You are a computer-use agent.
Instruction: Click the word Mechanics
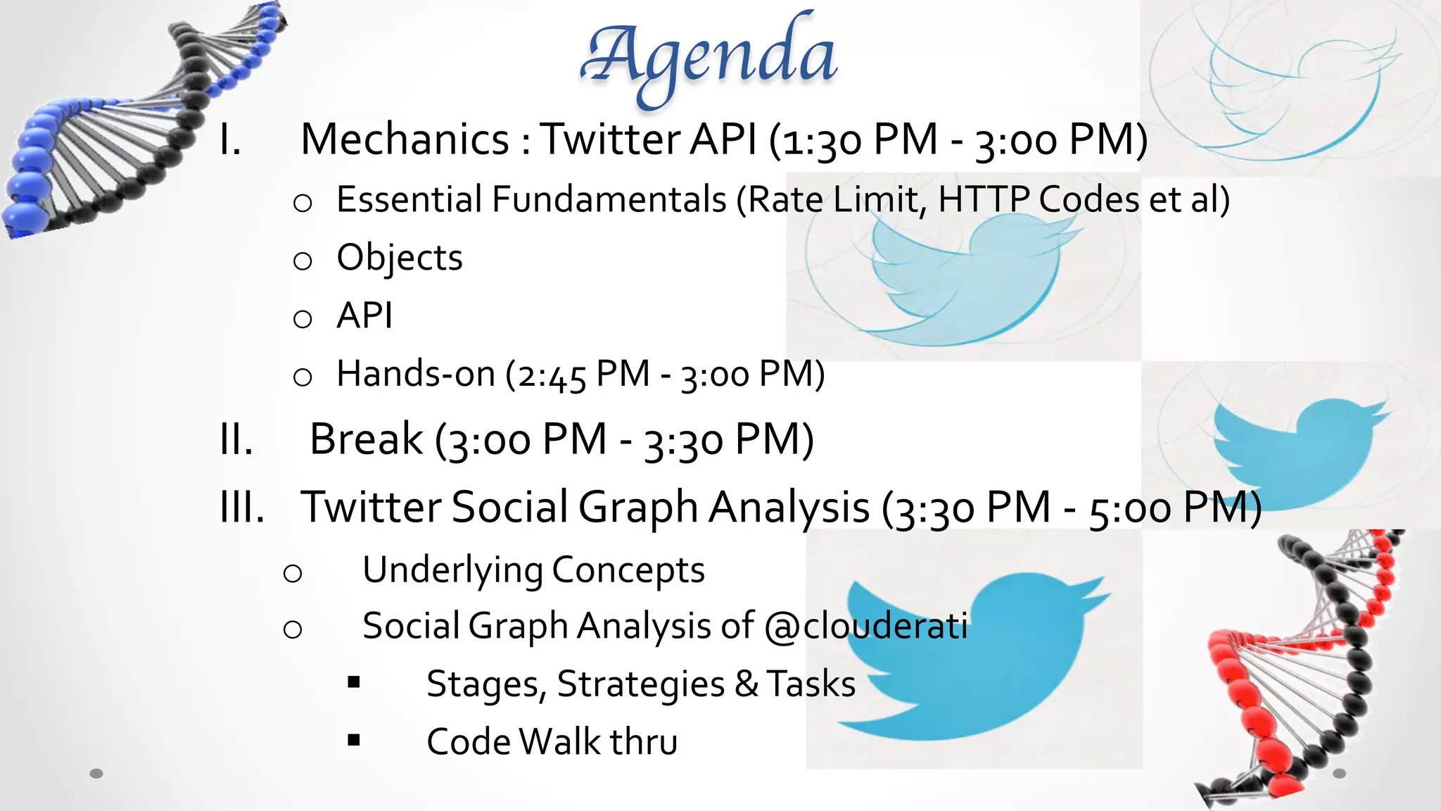tap(405, 139)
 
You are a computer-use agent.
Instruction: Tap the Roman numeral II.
tap(236, 439)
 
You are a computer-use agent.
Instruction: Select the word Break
tap(366, 439)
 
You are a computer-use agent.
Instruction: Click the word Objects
tap(400, 258)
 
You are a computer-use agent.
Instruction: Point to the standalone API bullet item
tap(364, 315)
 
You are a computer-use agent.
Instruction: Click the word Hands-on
tap(415, 374)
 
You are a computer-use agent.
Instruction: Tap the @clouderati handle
tap(865, 626)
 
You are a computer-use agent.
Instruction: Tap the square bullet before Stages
tap(354, 681)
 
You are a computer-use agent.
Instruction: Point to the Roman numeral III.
tap(242, 507)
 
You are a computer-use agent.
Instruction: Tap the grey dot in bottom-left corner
tap(96, 773)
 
